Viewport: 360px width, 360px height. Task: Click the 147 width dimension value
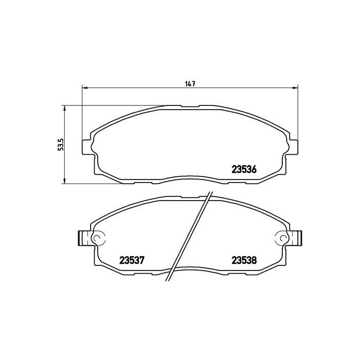[x=190, y=84]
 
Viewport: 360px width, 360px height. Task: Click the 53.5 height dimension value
[x=61, y=145]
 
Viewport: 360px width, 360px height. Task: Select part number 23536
[x=244, y=169]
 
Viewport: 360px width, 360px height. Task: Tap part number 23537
[x=132, y=260]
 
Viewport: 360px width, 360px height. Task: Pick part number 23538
[x=244, y=260]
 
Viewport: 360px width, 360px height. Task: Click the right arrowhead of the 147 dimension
[x=295, y=88]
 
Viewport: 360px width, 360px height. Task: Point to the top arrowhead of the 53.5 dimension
[x=65, y=109]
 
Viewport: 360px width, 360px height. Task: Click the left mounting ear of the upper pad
[x=87, y=147]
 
